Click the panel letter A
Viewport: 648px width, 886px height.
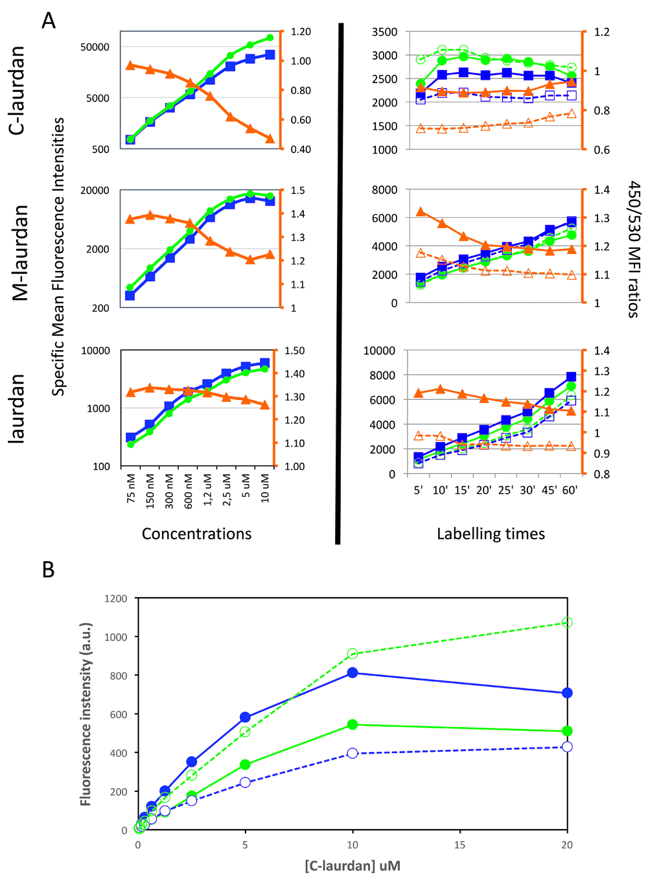49,21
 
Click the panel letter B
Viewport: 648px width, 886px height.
48,569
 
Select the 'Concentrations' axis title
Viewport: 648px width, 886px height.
196,533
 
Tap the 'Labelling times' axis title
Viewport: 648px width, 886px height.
491,533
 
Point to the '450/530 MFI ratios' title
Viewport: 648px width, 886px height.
633,250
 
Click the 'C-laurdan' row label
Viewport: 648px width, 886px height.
17,91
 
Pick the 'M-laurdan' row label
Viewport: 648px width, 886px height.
21,253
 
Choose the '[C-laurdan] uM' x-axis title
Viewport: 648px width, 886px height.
353,866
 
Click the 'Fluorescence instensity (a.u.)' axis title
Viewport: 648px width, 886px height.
86,714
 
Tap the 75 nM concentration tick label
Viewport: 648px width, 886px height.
131,489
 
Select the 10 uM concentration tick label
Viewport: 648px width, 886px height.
264,488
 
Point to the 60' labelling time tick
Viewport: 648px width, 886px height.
570,490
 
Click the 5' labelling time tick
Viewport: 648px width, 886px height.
419,490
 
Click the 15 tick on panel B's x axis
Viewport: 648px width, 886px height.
460,845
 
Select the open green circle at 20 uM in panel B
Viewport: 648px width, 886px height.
567,622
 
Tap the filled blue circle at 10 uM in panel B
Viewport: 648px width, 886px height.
353,673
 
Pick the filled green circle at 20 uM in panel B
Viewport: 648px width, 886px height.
567,731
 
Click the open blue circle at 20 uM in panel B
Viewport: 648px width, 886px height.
567,747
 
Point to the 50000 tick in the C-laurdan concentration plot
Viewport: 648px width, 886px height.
95,47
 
